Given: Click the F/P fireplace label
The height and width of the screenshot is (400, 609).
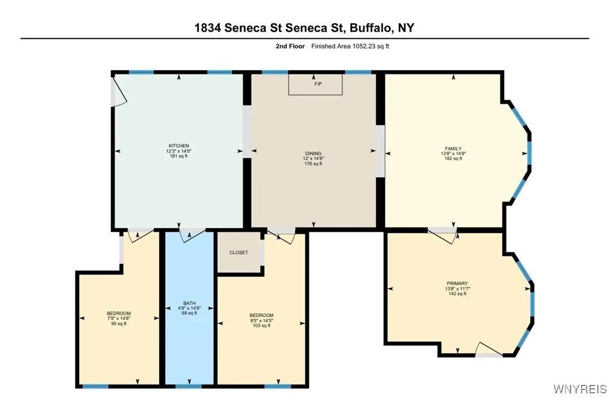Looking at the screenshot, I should click(x=318, y=84).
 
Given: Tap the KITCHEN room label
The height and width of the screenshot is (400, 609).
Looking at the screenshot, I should click(x=179, y=145).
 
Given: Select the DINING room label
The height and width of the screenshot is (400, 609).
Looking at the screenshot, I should click(x=313, y=153).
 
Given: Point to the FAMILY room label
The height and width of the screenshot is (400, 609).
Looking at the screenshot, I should click(x=454, y=148).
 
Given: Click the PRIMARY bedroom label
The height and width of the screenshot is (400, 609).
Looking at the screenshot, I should click(x=456, y=283).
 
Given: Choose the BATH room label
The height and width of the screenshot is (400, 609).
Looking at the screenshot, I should click(x=189, y=303).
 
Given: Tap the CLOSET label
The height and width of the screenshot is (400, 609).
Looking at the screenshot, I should click(x=238, y=252).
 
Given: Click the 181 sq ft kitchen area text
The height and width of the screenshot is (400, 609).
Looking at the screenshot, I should click(x=179, y=157).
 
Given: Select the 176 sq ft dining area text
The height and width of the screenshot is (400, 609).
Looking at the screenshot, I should click(x=313, y=164).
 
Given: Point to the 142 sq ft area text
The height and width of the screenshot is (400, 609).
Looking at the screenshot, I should click(x=456, y=294).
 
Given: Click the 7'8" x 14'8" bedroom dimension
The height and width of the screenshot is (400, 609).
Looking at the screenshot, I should click(x=119, y=319).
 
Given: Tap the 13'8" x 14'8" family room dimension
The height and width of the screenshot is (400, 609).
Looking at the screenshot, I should click(x=454, y=154).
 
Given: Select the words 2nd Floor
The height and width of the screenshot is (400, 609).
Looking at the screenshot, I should click(x=290, y=46).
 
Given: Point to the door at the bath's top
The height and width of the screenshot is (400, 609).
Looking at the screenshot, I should click(x=190, y=236).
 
